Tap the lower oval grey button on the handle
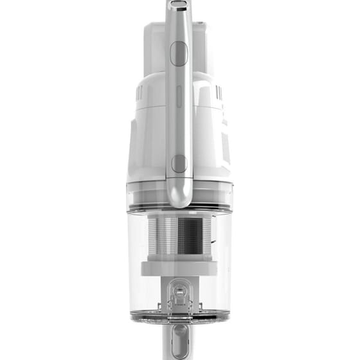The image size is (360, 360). point(179,163)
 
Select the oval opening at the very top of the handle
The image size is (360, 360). point(179,4)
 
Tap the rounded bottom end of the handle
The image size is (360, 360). point(179,199)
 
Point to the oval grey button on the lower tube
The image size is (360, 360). point(179,337)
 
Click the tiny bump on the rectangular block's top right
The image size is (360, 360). point(204,25)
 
